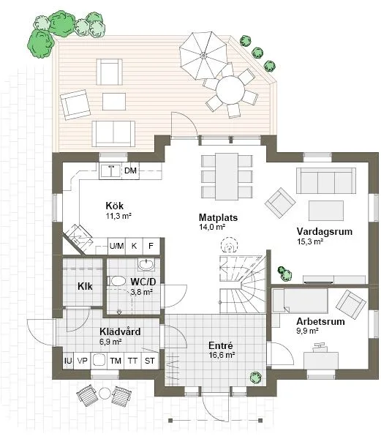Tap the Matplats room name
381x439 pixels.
(218, 217)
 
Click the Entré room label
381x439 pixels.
(219, 345)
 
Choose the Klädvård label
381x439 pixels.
(119, 331)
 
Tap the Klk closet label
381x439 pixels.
(84, 285)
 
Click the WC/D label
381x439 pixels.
(143, 282)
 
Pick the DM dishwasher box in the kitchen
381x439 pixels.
(130, 171)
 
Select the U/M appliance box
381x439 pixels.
(116, 246)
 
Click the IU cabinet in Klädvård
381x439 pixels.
(68, 361)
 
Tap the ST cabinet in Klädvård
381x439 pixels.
(149, 361)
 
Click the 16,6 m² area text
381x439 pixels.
(219, 355)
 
